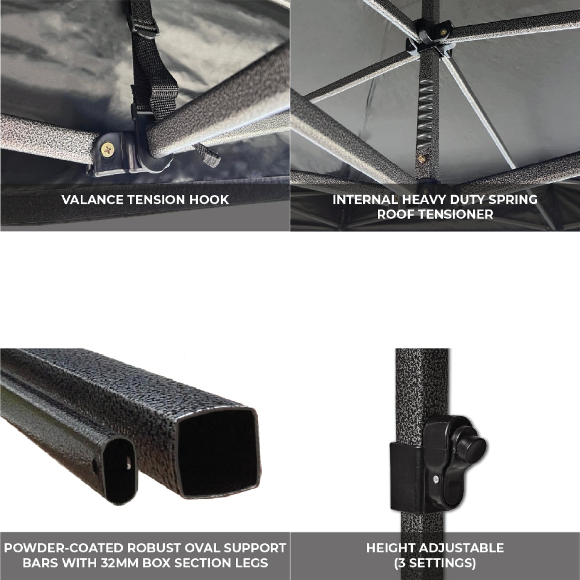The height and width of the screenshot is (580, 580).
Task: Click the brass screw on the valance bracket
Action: pos(108,149)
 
